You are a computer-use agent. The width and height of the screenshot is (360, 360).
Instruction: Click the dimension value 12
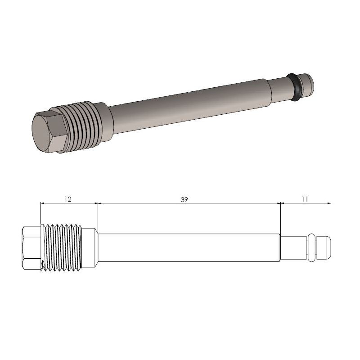pos(68,198)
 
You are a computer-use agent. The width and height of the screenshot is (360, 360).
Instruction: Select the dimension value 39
pos(184,198)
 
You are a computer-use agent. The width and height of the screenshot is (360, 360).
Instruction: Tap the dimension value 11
pos(305,198)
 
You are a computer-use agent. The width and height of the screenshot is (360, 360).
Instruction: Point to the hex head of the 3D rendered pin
pos(47,130)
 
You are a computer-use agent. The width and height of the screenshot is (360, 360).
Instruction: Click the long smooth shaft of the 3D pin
pos(189,101)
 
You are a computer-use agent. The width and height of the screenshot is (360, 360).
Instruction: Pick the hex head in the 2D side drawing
pos(31,247)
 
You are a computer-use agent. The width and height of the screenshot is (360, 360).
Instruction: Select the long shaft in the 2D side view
pos(189,247)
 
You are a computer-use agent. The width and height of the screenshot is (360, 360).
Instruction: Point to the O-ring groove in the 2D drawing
pos(311,247)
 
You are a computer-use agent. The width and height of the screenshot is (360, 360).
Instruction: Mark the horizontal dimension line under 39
pos(189,203)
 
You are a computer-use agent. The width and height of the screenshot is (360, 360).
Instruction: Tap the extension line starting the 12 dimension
pos(40,214)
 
